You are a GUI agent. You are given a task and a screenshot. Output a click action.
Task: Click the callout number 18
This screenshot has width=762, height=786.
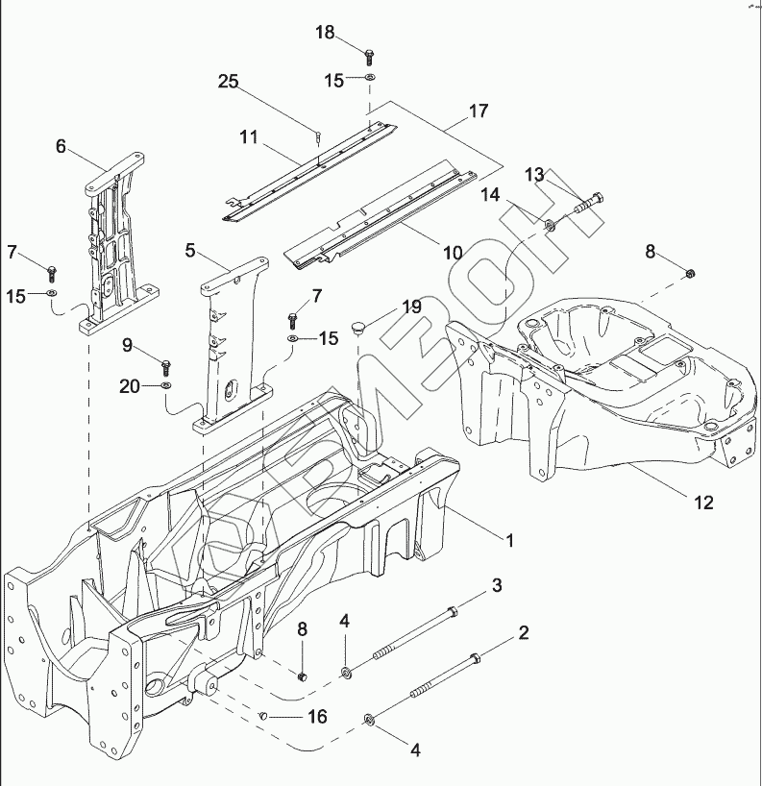[325, 33]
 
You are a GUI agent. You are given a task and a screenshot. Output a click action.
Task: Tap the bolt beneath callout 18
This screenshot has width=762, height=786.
[369, 51]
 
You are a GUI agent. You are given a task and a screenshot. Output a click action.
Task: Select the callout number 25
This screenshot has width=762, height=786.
[228, 82]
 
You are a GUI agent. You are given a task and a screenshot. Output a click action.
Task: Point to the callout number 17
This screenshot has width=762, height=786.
[478, 111]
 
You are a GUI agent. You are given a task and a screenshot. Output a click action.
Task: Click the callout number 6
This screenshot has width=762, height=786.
[61, 146]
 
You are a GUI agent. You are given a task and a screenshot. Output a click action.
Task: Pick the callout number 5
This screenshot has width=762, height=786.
[190, 250]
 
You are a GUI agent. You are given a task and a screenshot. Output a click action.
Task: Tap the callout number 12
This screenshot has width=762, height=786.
[704, 502]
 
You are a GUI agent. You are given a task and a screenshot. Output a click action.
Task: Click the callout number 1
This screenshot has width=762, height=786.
[510, 541]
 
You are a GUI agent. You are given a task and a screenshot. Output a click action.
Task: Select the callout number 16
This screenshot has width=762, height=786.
[316, 717]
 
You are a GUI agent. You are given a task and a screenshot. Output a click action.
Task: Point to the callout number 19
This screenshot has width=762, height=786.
[411, 307]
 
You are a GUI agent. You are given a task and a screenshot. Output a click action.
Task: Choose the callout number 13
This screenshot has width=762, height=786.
[534, 174]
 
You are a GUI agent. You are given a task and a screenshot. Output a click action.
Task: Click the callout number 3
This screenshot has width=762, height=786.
[497, 585]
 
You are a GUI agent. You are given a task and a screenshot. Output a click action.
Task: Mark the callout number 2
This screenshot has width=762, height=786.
[524, 632]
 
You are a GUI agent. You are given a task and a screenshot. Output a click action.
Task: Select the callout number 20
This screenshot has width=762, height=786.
[130, 386]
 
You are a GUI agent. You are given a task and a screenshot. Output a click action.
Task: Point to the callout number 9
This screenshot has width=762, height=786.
[127, 344]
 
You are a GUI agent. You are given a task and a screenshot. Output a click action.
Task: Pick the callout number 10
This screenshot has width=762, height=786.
[453, 254]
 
